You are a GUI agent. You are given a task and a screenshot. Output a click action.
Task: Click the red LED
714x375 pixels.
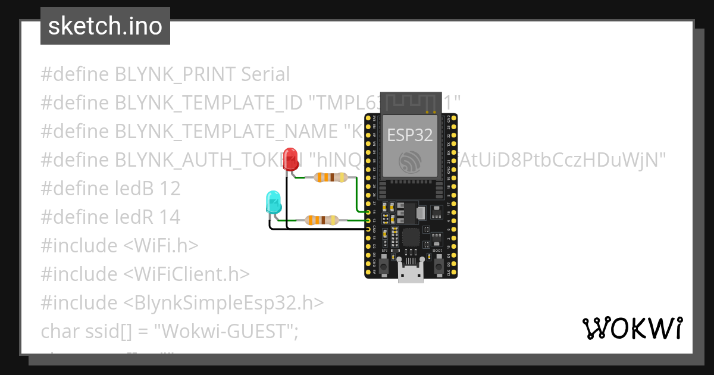click(290, 160)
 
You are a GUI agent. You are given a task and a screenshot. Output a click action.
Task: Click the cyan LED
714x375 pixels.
click(273, 202)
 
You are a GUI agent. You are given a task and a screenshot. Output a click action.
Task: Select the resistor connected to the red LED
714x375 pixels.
click(330, 177)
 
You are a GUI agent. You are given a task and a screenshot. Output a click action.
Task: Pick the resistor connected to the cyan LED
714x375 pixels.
click(321, 220)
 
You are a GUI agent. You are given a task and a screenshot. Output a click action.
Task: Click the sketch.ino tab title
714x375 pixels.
click(105, 26)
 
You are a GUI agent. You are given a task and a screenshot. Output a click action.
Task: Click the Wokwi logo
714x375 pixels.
click(632, 328)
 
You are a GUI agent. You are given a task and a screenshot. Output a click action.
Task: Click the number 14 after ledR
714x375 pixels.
click(170, 217)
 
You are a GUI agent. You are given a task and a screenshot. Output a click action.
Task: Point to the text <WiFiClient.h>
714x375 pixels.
click(186, 274)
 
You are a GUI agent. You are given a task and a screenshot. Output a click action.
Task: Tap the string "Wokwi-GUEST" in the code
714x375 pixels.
click(227, 332)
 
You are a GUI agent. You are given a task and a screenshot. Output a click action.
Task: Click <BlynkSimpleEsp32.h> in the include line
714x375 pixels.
click(224, 303)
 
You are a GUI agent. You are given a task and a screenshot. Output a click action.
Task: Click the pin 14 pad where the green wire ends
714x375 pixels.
click(369, 212)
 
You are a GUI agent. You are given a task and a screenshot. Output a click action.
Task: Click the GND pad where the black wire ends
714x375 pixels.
click(369, 229)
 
